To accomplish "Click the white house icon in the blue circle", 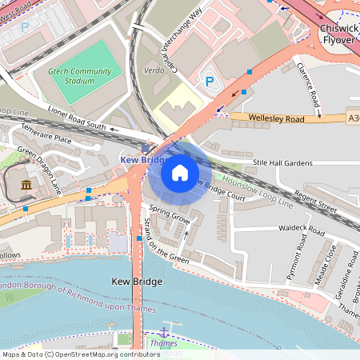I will click(x=180, y=173).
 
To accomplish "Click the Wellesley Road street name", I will click(x=276, y=118).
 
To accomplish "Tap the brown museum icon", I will click(x=26, y=186).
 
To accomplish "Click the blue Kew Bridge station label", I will click(x=142, y=160).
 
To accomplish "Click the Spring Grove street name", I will click(x=169, y=218).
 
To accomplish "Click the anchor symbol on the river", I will click(x=164, y=331).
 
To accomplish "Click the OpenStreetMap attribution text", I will click(x=81, y=354).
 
